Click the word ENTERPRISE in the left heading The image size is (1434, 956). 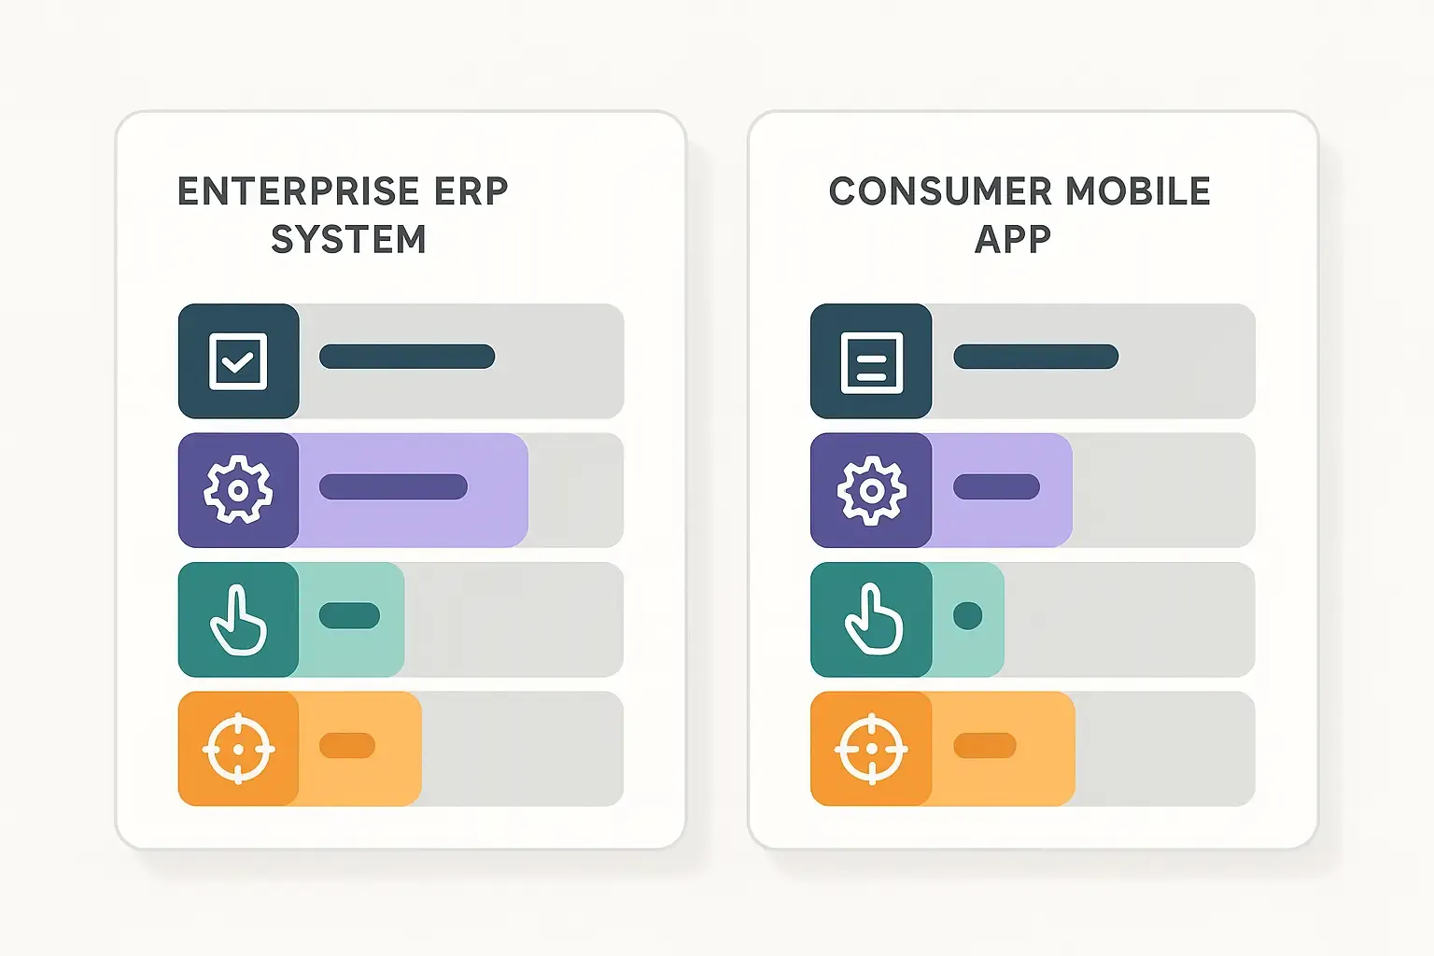[x=285, y=191]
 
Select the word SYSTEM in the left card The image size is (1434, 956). [x=348, y=240]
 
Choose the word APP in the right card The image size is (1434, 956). [x=1013, y=240]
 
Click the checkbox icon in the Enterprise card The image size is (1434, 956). [x=238, y=360]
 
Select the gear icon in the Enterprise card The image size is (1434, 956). [x=238, y=489]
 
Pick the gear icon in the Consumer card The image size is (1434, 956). [x=871, y=489]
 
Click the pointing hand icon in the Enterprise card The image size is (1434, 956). [x=238, y=620]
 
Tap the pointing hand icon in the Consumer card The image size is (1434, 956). [x=872, y=620]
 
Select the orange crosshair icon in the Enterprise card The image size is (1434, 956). [x=238, y=749]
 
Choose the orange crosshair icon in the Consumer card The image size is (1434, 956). [x=871, y=749]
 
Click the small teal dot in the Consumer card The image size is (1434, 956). [x=968, y=616]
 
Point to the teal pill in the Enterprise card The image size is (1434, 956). [x=349, y=615]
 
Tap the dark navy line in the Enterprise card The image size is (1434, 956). [x=407, y=357]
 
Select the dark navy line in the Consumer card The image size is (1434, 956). [x=1035, y=357]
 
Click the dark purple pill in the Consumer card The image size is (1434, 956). [x=996, y=486]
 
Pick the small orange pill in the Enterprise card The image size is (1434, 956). [x=347, y=745]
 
